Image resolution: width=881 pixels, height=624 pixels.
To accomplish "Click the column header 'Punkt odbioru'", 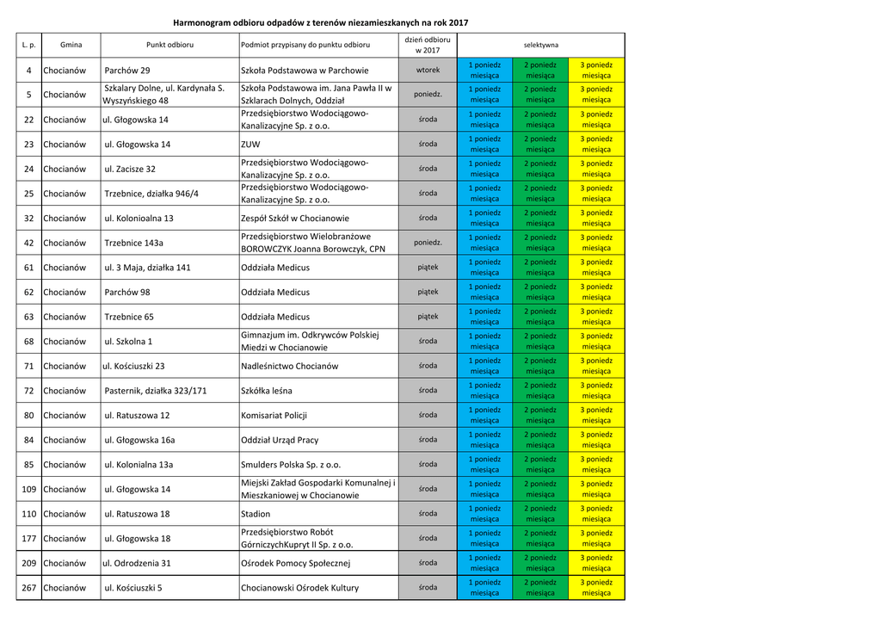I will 169,44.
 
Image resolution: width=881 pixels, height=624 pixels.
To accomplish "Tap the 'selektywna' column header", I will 540,44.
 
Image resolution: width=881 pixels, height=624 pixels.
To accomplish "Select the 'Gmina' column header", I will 71,44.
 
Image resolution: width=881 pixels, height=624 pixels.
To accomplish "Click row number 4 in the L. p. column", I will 28,71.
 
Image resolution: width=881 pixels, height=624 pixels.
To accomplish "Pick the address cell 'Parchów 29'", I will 126,71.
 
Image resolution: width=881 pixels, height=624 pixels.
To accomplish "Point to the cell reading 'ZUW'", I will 250,145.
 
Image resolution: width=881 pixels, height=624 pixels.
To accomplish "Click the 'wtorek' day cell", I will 428,71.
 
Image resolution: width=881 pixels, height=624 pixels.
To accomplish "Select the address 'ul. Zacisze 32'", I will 130,170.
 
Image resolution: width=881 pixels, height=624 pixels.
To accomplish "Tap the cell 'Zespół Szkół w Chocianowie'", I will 295,219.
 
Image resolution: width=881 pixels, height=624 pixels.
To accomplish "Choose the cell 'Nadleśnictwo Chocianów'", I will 290,367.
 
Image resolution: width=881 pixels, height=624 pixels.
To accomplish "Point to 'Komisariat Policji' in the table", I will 274,416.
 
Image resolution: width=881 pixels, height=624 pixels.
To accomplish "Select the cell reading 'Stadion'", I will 256,514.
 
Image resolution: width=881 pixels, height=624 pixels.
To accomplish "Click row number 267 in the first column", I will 28,588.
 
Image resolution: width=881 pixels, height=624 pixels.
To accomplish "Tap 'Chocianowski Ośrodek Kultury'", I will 299,588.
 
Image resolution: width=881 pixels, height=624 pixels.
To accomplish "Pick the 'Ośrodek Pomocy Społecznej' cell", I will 295,564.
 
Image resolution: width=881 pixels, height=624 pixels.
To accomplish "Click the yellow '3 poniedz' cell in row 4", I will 596,71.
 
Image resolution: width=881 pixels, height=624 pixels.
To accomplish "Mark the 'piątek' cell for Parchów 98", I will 428,293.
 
